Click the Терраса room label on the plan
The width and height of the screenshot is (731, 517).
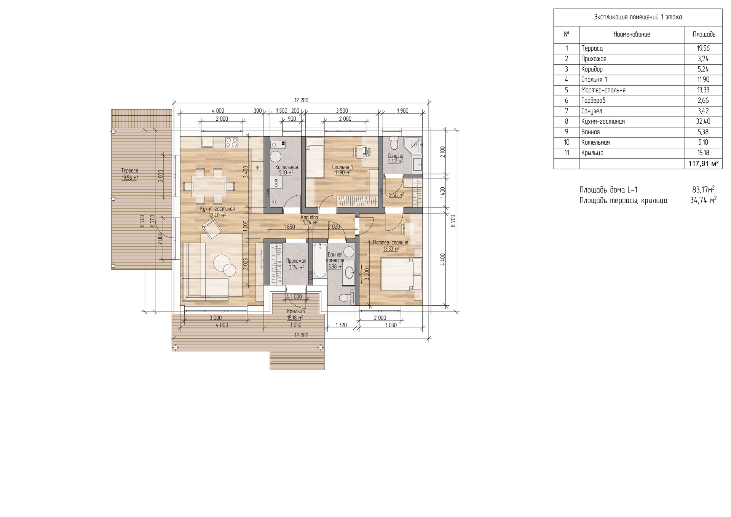pos(130,171)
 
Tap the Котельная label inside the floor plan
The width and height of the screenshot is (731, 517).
pos(287,167)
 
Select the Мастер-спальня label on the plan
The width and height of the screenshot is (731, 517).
pos(390,243)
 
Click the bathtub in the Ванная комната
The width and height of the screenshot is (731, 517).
pos(319,261)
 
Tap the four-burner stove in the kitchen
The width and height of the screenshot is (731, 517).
pos(232,142)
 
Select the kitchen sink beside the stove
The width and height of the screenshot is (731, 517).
pos(208,142)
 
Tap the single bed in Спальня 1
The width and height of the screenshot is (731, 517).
pos(314,157)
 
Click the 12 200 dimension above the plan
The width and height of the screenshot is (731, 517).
pos(301,101)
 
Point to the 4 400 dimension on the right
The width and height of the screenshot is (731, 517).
pos(442,260)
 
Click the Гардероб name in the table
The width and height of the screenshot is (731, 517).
pos(593,101)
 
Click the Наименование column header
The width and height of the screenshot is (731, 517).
pos(632,34)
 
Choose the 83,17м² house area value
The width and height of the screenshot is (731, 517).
pos(703,189)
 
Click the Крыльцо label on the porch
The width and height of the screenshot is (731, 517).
pos(296,311)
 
